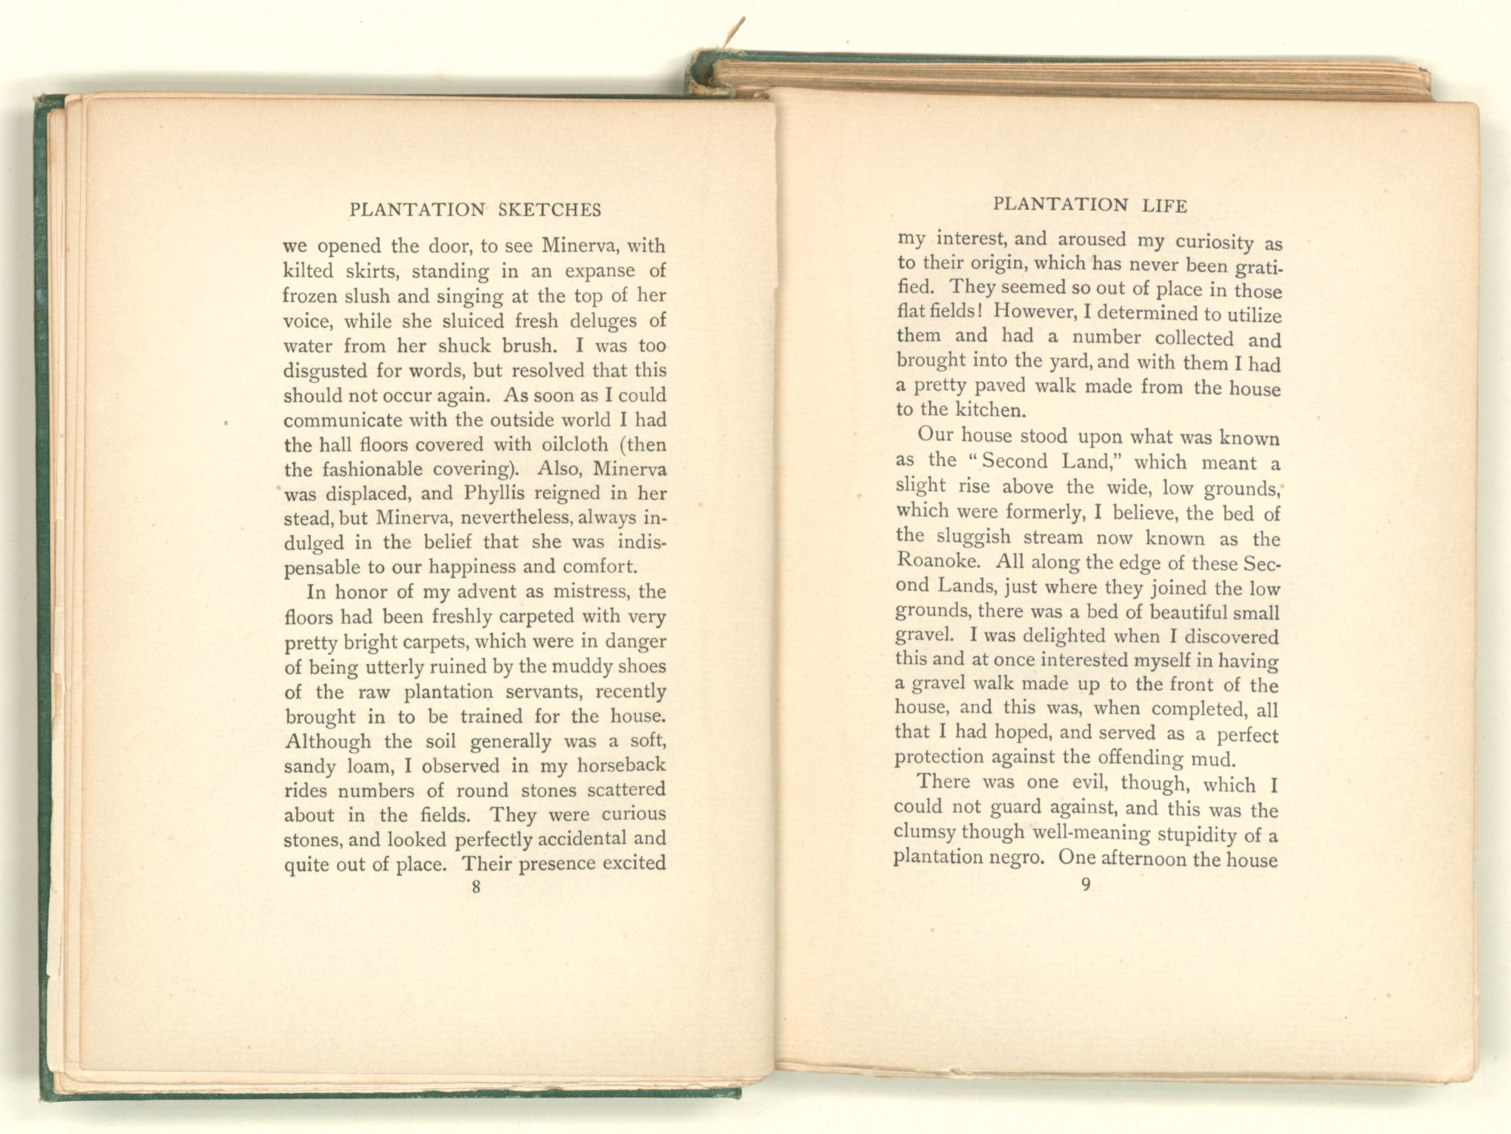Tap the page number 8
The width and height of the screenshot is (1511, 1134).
coord(475,887)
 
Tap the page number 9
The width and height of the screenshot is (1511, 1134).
coord(1086,885)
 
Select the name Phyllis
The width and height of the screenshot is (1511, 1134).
coord(495,494)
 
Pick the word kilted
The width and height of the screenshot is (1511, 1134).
coord(307,270)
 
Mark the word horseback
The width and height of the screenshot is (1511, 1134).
coord(621,765)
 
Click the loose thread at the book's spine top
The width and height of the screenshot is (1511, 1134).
coord(737,32)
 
